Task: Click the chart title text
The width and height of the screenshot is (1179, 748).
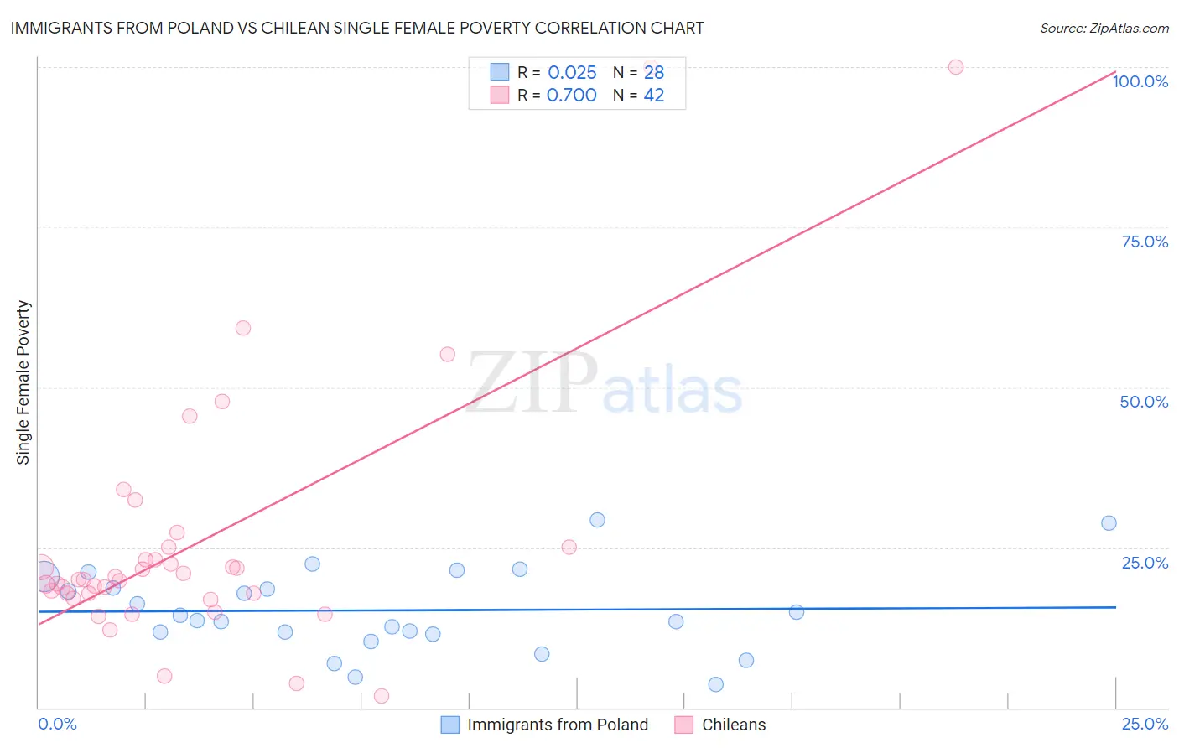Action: point(357,28)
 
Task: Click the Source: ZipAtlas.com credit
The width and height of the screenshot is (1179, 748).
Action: point(1104,29)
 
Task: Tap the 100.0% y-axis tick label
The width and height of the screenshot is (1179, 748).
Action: point(1140,81)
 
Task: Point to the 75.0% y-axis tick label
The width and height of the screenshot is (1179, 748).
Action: point(1145,242)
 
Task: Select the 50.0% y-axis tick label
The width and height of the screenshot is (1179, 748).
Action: point(1144,402)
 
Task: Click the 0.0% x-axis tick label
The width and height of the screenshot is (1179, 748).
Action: point(57,724)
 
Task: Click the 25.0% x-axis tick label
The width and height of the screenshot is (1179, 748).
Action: point(1145,724)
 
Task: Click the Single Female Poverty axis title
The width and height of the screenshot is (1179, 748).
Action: point(23,382)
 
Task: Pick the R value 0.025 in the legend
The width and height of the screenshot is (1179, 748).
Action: point(572,72)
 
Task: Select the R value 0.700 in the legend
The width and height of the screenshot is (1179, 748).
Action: point(571,95)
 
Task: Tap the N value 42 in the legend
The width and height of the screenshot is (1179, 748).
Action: point(654,95)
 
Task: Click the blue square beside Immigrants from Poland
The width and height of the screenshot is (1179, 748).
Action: point(450,725)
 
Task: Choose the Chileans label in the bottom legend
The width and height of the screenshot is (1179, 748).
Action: point(734,725)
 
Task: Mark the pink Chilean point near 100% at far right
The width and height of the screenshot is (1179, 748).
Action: point(955,67)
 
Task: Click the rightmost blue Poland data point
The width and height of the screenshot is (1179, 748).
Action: point(1109,523)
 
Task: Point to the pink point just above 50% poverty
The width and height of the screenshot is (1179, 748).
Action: point(448,355)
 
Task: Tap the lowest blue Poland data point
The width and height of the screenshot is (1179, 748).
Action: point(715,684)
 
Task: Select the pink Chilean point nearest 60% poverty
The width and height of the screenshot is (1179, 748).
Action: point(243,328)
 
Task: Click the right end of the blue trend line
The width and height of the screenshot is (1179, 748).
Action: point(1115,606)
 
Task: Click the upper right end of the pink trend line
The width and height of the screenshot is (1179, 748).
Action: point(1115,71)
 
